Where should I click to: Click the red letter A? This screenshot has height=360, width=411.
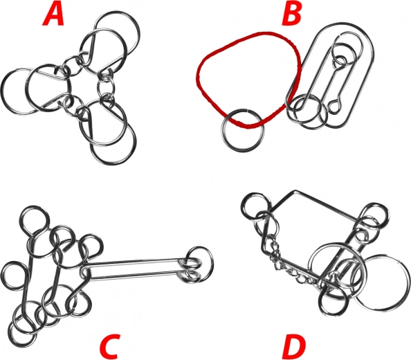[53, 15]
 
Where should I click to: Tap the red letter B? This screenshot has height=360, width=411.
[291, 15]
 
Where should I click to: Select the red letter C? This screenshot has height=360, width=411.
[110, 347]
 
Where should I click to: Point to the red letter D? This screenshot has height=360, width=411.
[293, 347]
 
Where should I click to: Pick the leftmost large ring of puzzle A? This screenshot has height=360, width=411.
[3, 92]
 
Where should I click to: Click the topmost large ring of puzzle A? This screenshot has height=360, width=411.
[138, 31]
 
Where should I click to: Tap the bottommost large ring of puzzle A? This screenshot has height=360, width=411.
[135, 144]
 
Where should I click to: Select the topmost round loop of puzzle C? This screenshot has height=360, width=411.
[35, 207]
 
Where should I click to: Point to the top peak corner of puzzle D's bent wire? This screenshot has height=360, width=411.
[295, 190]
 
